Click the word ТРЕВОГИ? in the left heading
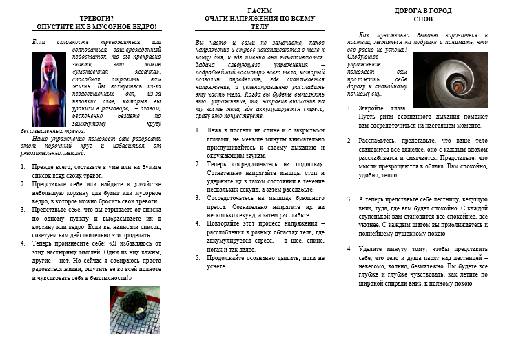(96, 18)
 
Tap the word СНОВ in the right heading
(422, 19)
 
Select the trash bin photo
(134, 310)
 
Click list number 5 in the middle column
(199, 257)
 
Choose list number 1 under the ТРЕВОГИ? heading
(23, 167)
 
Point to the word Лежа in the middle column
(214, 130)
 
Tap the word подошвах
(309, 164)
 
